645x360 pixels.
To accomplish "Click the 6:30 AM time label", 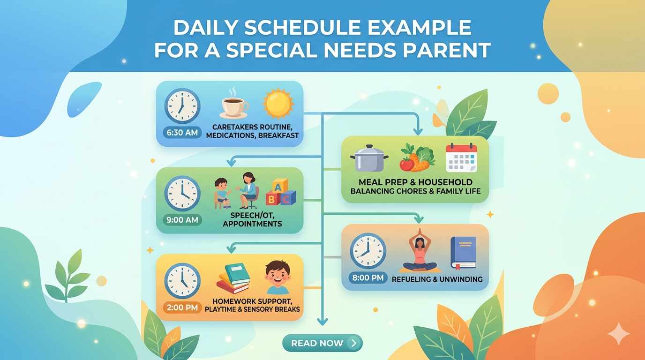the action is (x=182, y=133).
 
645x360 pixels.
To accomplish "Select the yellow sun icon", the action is (x=278, y=104).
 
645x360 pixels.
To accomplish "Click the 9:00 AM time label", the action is (x=182, y=220).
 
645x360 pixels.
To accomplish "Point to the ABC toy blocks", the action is (x=280, y=192).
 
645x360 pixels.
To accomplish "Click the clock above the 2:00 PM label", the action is (x=182, y=280).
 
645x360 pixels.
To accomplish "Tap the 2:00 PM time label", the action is (x=182, y=307).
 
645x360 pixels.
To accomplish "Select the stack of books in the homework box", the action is (x=233, y=278).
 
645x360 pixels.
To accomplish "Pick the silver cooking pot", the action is (x=369, y=158).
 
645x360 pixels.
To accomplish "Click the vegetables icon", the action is (x=417, y=157).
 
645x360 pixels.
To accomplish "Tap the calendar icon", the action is (x=462, y=157).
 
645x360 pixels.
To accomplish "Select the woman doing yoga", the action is (x=420, y=251).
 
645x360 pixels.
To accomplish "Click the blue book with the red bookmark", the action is (x=463, y=253).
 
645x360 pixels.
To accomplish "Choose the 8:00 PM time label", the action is (x=368, y=278).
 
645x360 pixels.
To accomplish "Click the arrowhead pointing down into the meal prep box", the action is (x=418, y=132).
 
